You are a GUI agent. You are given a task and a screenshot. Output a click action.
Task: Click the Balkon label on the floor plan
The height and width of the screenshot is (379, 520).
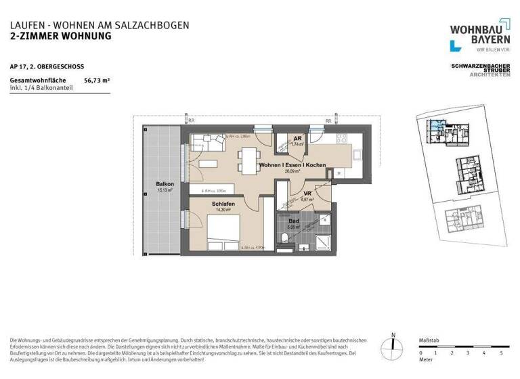point(165,184)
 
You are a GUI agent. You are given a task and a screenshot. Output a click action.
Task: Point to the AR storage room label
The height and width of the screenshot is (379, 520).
point(297,138)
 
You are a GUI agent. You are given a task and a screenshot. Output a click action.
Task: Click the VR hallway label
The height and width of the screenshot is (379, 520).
point(306,194)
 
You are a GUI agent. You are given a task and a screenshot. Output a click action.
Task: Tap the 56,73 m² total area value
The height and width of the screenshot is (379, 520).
point(97,80)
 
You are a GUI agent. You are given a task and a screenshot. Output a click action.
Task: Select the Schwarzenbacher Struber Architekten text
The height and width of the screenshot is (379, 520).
point(480,69)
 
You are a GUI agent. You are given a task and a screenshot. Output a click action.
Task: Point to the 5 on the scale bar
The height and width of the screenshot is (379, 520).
point(500,353)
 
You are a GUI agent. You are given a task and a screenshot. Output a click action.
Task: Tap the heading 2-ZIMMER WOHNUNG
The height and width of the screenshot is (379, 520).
point(60,36)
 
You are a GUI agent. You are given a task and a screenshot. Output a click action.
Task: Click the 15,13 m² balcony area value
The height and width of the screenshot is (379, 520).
point(165,191)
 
